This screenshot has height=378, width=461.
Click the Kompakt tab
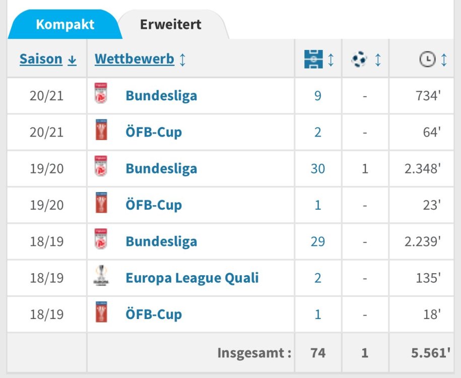pos(65,24)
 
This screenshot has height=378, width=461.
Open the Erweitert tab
pos(171,24)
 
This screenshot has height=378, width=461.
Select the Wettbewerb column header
pos(135,59)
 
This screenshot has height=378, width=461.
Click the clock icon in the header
pos(427,60)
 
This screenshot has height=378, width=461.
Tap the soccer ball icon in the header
pos(359,60)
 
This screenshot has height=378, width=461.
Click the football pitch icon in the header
pos(313,60)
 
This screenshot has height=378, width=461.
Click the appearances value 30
pos(317,168)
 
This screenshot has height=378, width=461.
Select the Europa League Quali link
pos(192,278)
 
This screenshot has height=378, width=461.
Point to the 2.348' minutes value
pos(422,168)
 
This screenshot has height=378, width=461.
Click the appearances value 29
pos(317,241)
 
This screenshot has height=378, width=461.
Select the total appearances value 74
pos(317,353)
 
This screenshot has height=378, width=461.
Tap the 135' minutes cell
pos(428,278)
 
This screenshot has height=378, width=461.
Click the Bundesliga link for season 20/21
pos(161,96)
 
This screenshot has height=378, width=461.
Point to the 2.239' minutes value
pos(422,241)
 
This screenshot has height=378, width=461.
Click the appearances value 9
pos(317,96)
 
